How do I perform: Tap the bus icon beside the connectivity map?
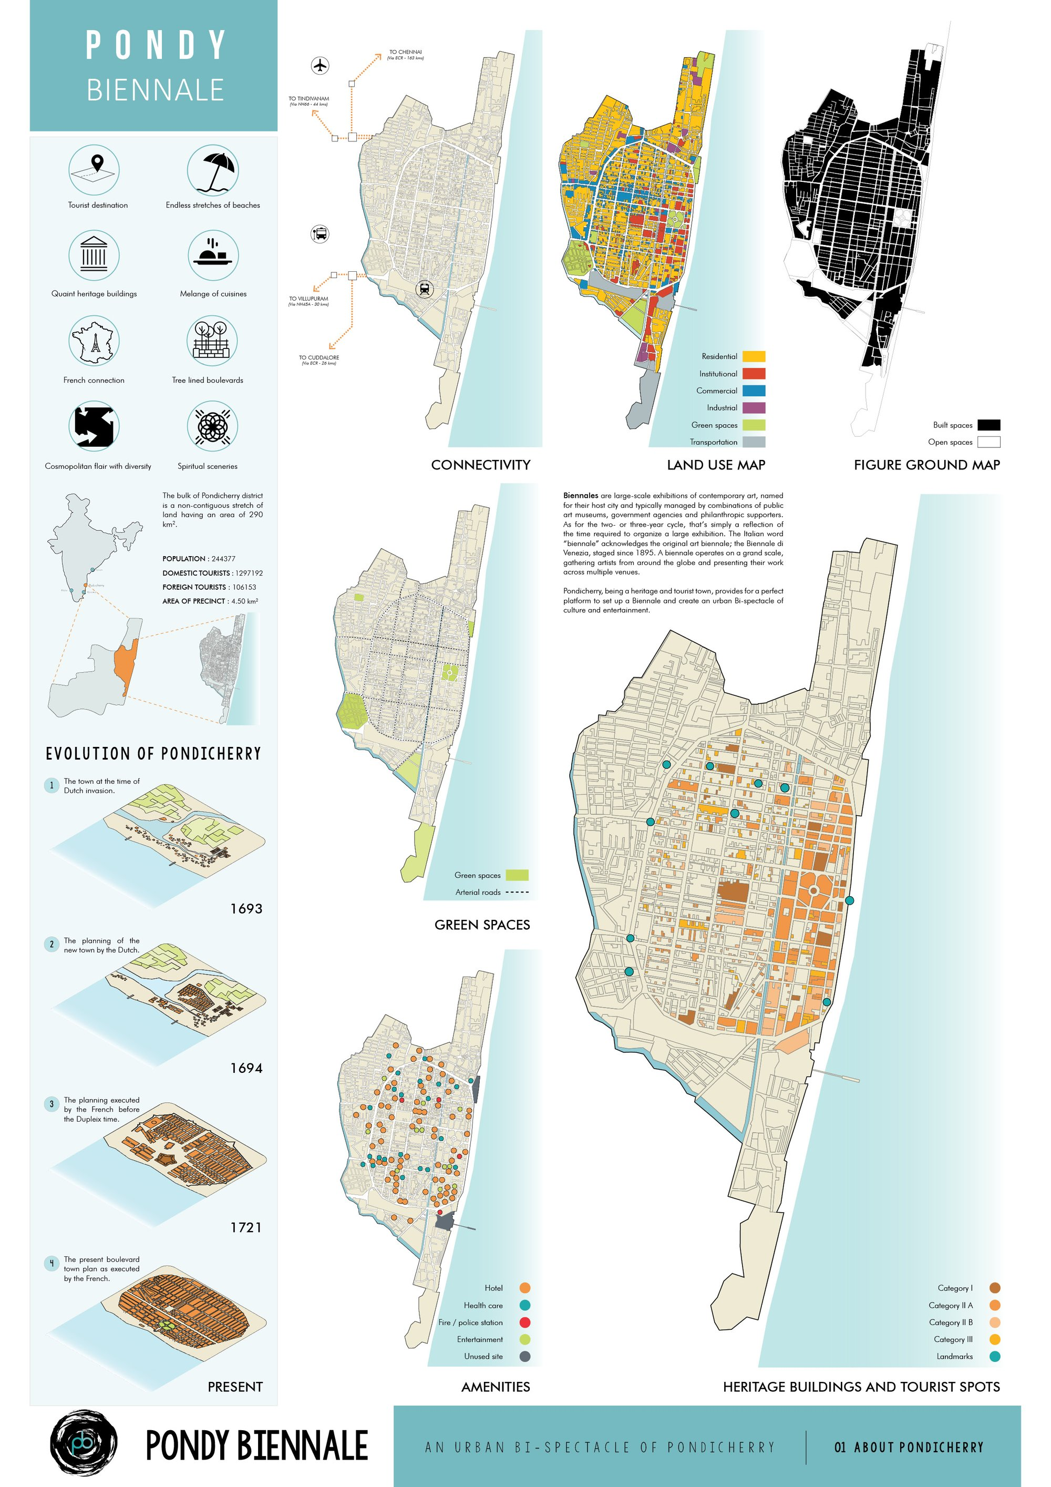click(320, 234)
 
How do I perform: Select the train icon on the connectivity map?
click(424, 289)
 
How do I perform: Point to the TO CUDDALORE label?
click(318, 357)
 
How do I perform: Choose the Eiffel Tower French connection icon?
click(95, 341)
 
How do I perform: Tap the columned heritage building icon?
click(94, 255)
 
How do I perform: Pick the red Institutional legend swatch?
click(753, 374)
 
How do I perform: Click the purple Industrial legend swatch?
click(753, 408)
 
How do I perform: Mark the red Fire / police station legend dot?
click(524, 1322)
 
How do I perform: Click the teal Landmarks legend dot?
click(995, 1356)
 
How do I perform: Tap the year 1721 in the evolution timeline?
click(246, 1227)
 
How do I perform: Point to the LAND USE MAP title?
click(716, 465)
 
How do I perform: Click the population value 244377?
click(223, 559)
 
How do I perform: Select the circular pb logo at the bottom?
click(84, 1443)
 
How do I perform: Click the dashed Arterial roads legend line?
click(516, 893)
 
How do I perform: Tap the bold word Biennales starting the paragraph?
click(580, 496)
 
